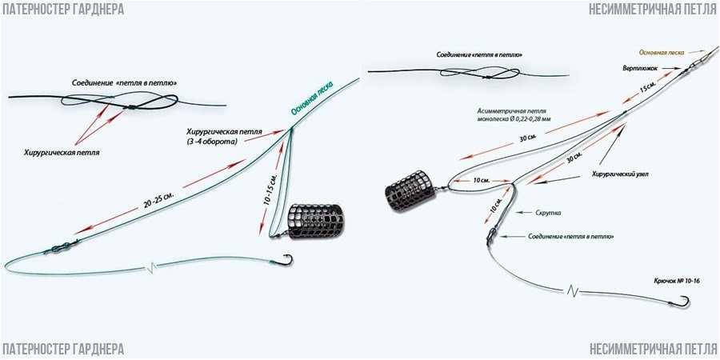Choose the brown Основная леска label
[662, 50]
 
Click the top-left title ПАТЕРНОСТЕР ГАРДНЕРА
[62, 10]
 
